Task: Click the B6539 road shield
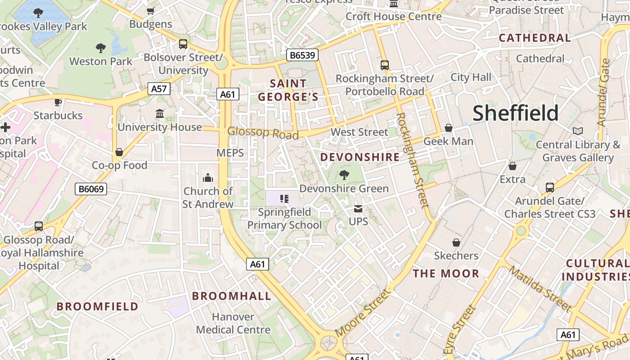point(302,55)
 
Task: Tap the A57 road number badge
point(159,89)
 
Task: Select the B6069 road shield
point(91,189)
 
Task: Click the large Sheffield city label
point(515,113)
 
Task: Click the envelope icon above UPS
point(358,209)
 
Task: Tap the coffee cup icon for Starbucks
point(58,102)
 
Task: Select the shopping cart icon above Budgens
point(151,11)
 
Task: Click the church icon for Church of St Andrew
point(207,178)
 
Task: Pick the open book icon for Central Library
point(578,131)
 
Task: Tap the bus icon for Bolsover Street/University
point(183,44)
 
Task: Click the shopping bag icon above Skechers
point(456,243)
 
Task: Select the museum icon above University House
point(160,114)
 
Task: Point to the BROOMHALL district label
point(232,296)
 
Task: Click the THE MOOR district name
point(446,274)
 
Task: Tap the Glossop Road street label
point(263,133)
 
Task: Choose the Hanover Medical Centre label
point(233,323)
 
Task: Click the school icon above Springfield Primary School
point(284,198)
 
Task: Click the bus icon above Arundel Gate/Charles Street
point(549,187)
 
